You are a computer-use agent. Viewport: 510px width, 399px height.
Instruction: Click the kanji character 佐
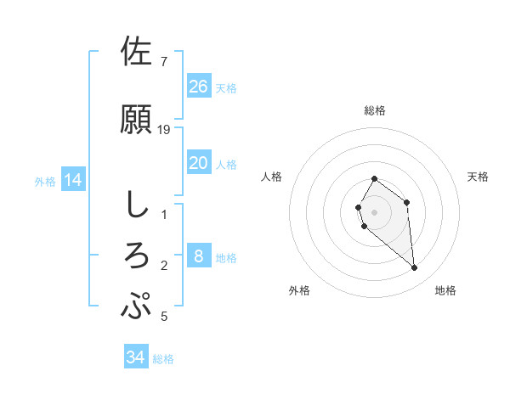click(137, 52)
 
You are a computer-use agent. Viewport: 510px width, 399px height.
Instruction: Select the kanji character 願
click(137, 119)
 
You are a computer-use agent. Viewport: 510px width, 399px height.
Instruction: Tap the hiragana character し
click(137, 204)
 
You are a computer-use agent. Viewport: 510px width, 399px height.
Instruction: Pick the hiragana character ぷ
click(137, 306)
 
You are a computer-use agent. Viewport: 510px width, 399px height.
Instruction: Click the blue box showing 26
click(199, 86)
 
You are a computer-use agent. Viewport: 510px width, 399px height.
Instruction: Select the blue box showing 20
click(199, 163)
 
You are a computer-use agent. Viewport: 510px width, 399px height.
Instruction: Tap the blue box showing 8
click(199, 256)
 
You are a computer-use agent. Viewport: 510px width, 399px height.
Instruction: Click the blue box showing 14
click(73, 180)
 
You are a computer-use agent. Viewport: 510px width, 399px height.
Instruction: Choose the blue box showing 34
click(136, 357)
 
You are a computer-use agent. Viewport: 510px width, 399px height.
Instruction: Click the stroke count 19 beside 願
click(165, 130)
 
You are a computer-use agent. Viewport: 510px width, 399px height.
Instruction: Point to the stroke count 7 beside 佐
click(164, 62)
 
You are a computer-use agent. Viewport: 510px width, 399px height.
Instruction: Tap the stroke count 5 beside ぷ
click(164, 317)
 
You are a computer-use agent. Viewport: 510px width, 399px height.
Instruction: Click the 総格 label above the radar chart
click(375, 111)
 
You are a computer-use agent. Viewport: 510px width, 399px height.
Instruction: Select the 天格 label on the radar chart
click(479, 177)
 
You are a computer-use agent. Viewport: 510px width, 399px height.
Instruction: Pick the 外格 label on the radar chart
click(299, 290)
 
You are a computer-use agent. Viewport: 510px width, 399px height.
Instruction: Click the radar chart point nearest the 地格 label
click(415, 268)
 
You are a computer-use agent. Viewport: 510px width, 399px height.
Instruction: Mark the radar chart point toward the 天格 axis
click(407, 202)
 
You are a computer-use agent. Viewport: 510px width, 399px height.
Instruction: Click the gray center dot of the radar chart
click(375, 211)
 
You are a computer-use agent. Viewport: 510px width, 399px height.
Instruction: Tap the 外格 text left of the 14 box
click(44, 181)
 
